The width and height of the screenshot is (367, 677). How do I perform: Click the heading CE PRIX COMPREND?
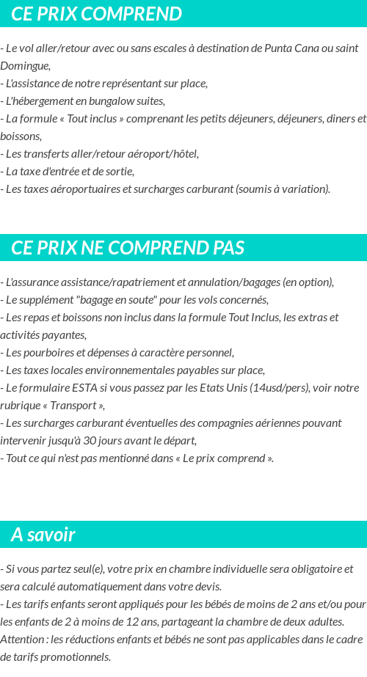96,14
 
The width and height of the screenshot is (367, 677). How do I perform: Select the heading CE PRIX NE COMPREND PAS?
128,248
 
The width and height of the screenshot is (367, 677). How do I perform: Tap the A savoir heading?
43,535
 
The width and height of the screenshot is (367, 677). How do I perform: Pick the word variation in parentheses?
307,189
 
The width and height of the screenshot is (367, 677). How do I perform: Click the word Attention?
21,640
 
